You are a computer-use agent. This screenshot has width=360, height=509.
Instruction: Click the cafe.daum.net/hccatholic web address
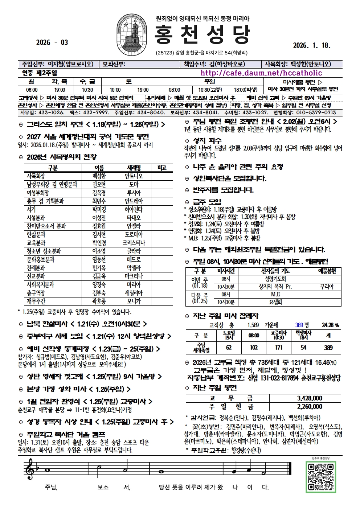click(261, 73)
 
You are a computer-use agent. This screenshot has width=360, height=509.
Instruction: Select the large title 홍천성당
click(202, 36)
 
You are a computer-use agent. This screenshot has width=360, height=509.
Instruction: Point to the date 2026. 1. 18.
click(312, 45)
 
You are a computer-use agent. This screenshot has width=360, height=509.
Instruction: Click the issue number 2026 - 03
click(52, 42)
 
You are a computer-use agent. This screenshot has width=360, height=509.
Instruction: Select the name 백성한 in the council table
click(99, 176)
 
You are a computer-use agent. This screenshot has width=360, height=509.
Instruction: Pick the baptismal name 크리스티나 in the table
click(134, 243)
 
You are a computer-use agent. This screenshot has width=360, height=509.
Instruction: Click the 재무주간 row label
click(36, 301)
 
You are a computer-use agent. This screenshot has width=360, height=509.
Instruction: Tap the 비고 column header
click(162, 168)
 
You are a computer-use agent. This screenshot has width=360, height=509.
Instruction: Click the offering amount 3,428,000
click(310, 398)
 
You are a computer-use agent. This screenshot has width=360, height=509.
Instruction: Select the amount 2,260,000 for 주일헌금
click(310, 406)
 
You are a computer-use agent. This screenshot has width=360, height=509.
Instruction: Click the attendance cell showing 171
click(278, 347)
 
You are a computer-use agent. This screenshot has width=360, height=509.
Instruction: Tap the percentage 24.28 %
click(330, 325)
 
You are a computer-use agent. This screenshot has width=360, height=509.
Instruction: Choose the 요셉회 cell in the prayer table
click(275, 302)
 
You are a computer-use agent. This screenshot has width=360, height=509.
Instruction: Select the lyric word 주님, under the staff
click(51, 487)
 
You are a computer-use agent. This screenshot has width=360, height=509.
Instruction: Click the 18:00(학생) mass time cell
click(245, 90)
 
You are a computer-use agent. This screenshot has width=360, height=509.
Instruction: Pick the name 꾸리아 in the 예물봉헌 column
click(327, 287)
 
